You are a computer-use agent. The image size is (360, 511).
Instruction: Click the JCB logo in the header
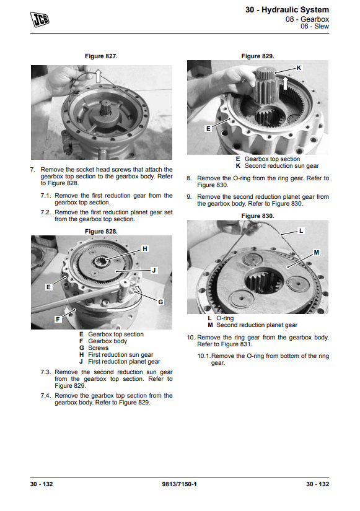(40, 19)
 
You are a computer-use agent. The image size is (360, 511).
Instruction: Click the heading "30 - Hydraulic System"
(287, 10)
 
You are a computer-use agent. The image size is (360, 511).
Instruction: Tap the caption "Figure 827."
(101, 56)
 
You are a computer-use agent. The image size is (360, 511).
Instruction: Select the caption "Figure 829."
(258, 56)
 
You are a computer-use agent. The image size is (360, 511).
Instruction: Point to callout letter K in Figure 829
(299, 68)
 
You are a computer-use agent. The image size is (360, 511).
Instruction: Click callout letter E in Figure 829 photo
(208, 129)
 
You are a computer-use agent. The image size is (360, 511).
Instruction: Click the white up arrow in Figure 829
(285, 83)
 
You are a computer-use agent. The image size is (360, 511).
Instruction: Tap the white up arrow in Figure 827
(98, 76)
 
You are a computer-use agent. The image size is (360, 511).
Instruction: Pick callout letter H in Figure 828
(145, 248)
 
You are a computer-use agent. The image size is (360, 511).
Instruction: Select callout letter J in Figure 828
(154, 270)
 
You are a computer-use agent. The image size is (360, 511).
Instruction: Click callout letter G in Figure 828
(160, 302)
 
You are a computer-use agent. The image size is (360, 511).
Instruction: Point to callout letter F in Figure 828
(58, 319)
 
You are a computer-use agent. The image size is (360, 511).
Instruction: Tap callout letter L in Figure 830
(301, 230)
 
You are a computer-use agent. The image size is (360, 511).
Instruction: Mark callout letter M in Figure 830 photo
(316, 252)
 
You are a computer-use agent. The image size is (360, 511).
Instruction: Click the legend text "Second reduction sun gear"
(282, 166)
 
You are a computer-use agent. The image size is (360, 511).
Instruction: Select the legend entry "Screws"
(98, 347)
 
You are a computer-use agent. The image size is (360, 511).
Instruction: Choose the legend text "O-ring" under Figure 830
(225, 318)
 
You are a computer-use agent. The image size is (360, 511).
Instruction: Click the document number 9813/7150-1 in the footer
(179, 484)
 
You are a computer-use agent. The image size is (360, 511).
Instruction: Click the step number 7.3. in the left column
(46, 372)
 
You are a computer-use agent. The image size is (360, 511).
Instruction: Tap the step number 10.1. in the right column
(204, 356)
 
